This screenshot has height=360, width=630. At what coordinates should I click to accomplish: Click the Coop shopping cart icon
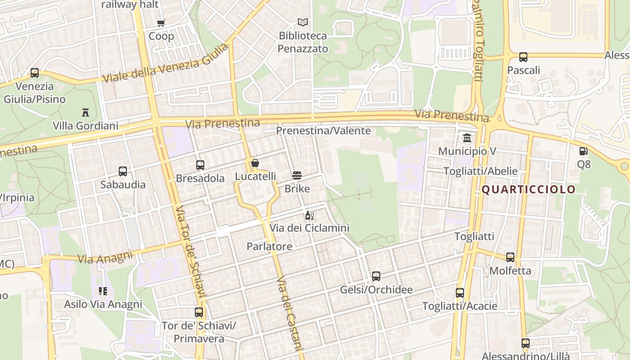pos(161,23)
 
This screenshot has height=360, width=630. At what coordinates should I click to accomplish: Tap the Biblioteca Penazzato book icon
pos(303,22)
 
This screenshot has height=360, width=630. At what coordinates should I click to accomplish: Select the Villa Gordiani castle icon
pos(85,112)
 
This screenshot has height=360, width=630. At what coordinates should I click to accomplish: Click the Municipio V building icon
pos(467,138)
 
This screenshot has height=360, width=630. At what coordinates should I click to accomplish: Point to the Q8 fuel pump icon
pos(584,151)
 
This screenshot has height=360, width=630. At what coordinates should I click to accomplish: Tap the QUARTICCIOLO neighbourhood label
pos(528,189)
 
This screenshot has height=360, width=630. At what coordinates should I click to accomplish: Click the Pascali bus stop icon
pos(523,57)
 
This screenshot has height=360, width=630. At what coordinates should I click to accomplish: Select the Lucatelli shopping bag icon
pos(255,163)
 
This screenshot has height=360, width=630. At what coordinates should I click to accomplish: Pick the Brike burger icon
pos(297,175)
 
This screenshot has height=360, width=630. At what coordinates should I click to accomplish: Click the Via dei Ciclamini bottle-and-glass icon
pos(309,216)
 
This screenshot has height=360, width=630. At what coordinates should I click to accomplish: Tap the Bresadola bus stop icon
pos(200,165)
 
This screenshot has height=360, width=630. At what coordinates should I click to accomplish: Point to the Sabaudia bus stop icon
pos(123,171)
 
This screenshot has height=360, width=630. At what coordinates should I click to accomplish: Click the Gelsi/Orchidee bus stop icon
pos(376,276)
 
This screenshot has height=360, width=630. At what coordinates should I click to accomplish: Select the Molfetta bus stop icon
pos(510,257)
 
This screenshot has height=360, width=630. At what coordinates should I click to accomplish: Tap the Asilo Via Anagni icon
pos(103,291)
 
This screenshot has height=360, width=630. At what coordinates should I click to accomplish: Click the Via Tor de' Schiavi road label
pos(191,252)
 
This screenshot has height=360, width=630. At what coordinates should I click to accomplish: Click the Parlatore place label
pos(269,246)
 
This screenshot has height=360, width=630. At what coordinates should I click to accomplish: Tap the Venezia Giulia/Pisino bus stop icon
pos(35,73)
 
